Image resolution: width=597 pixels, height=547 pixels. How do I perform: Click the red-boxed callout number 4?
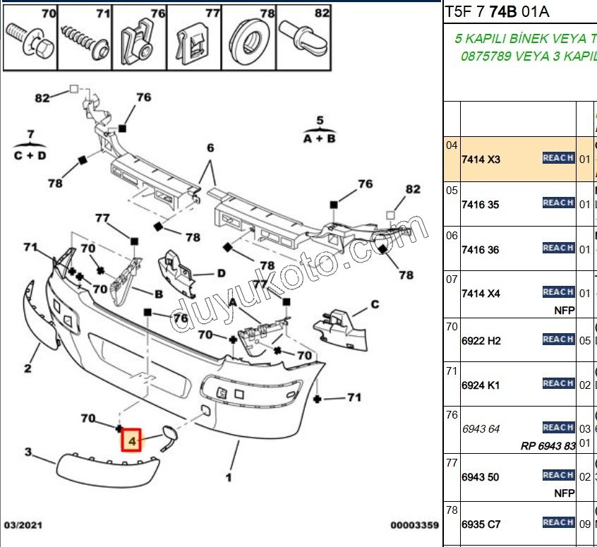pyautogui.click(x=131, y=441)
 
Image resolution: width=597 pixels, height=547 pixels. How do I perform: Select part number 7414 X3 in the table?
pyautogui.click(x=480, y=160)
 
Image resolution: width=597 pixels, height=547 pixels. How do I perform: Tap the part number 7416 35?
pyautogui.click(x=480, y=205)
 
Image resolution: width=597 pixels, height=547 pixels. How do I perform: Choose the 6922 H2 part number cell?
pyautogui.click(x=481, y=341)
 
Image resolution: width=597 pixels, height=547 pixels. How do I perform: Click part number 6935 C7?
pyautogui.click(x=481, y=524)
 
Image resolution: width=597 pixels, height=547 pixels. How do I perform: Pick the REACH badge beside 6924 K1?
pyautogui.click(x=557, y=383)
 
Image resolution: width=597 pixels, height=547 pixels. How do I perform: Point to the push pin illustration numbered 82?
pyautogui.click(x=304, y=37)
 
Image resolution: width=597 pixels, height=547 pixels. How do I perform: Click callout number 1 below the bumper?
pyautogui.click(x=229, y=478)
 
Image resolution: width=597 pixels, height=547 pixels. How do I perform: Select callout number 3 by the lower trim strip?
pyautogui.click(x=28, y=452)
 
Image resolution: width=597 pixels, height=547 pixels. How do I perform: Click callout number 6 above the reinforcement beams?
pyautogui.click(x=210, y=148)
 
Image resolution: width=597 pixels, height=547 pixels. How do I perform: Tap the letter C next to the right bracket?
pyautogui.click(x=375, y=304)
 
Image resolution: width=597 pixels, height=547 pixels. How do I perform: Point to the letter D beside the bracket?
pyautogui.click(x=220, y=273)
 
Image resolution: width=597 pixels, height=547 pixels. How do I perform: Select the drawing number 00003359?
pyautogui.click(x=414, y=525)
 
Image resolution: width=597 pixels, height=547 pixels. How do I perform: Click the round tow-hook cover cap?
pyautogui.click(x=169, y=434)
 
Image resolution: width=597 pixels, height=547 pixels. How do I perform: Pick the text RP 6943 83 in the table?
pyautogui.click(x=548, y=445)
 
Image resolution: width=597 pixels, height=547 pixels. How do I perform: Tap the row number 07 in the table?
pyautogui.click(x=452, y=279)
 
